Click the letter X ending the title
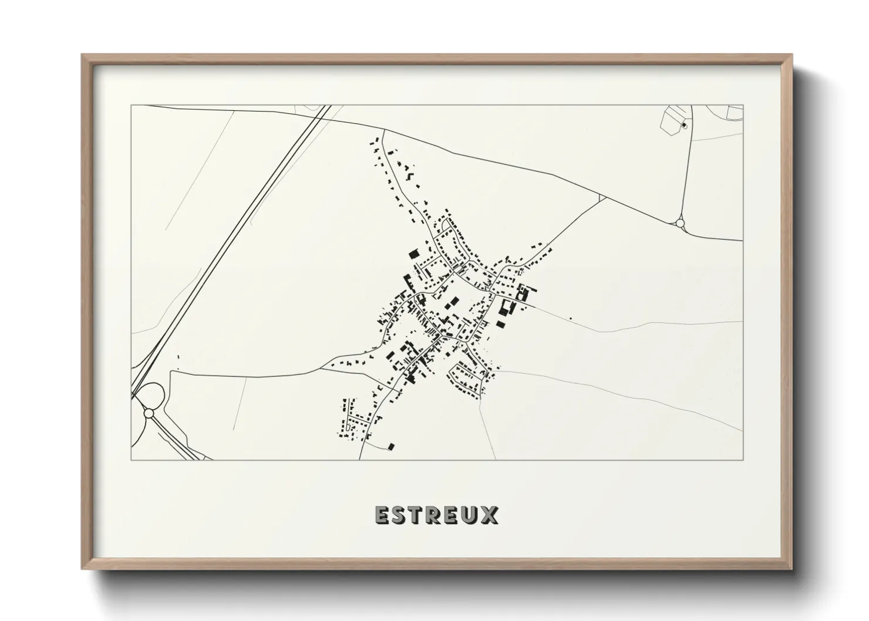pos(490,515)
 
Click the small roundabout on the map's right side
pos(680,223)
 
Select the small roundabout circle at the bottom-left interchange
pos(149,413)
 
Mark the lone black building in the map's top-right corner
pos(683,125)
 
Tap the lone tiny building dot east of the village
pos(570,319)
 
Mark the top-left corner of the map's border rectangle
pos(131,106)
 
